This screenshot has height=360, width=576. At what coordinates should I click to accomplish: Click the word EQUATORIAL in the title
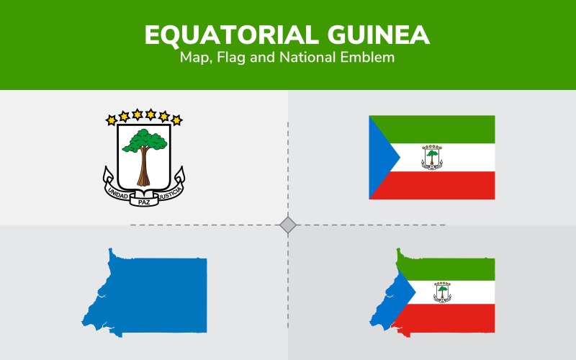coord(220,35)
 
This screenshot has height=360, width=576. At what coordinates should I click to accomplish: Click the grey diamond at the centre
coord(288,225)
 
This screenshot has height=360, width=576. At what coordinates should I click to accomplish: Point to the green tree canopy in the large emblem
coord(144,141)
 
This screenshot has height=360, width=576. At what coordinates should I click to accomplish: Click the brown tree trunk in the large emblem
coord(144,169)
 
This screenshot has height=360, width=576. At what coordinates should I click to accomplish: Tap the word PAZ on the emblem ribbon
coord(144,202)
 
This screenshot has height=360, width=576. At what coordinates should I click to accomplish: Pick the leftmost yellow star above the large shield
coord(111,120)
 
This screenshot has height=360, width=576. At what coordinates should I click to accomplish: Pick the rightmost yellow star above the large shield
coord(177,120)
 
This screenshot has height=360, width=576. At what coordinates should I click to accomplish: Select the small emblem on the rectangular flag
coord(432,157)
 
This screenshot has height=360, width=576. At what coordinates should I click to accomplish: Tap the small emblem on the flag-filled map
coord(442,292)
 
